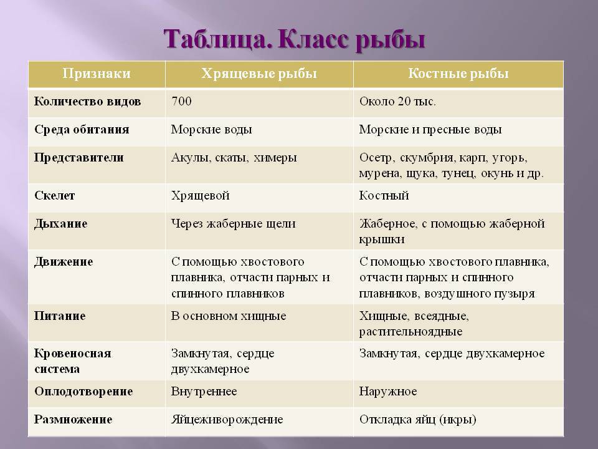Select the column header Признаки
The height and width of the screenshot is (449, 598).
click(97, 74)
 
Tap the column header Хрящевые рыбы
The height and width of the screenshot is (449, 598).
click(259, 74)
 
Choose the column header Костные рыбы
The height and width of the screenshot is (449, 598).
click(458, 74)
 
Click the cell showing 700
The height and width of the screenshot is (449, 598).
click(181, 101)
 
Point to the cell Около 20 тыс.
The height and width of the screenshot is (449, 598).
click(397, 102)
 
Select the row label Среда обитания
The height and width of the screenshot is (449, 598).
click(82, 130)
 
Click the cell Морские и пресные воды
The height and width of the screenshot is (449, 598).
click(430, 130)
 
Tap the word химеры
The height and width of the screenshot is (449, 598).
click(275, 158)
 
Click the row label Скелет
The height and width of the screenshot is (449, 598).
click(55, 195)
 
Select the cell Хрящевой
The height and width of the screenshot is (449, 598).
click(200, 195)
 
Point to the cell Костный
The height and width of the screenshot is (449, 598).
click(384, 195)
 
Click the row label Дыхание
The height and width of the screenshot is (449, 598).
click(60, 224)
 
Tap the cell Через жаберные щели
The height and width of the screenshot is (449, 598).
click(234, 224)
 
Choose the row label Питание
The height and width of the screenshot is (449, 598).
click(60, 316)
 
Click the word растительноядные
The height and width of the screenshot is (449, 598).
click(411, 332)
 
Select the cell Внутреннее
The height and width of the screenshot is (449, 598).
click(204, 392)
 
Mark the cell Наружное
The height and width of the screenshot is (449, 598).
click(388, 392)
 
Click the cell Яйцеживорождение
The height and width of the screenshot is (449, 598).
click(227, 420)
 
